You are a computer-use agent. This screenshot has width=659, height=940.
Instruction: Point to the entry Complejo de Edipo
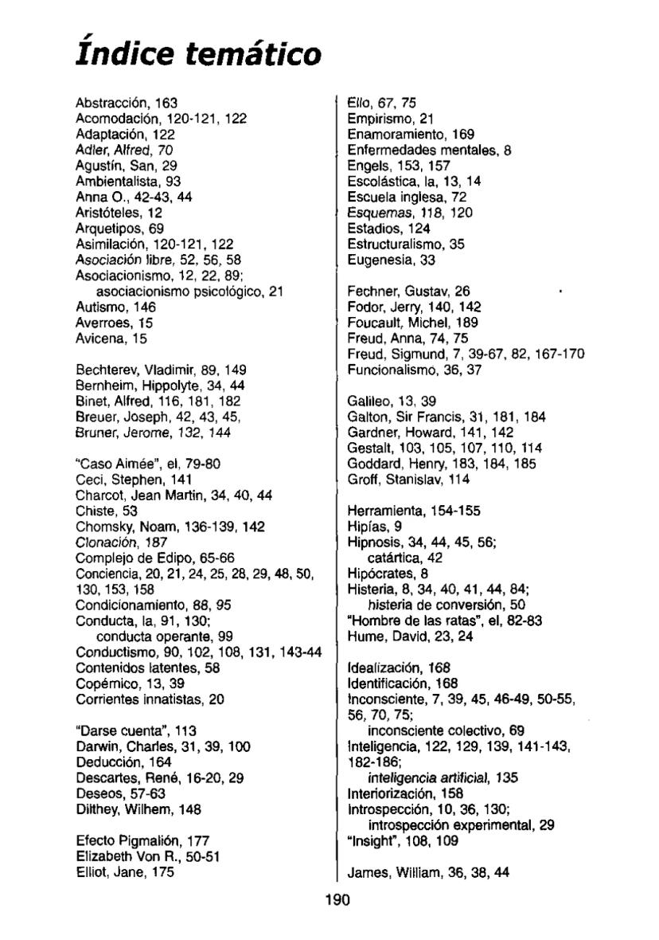pyautogui.click(x=126, y=558)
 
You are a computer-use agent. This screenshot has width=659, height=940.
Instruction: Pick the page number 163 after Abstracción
pyautogui.click(x=166, y=103)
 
